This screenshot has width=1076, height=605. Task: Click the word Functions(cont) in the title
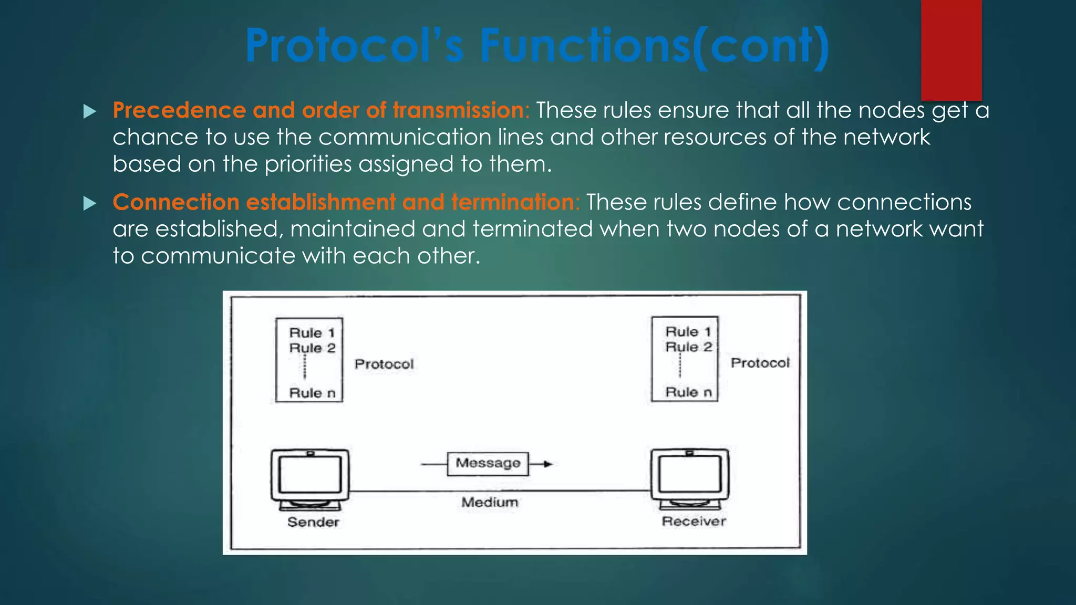654,46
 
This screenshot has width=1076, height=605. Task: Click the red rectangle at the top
951,50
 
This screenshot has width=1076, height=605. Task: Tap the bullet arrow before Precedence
90,111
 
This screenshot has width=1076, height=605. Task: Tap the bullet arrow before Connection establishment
90,203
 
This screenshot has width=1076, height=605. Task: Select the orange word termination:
515,202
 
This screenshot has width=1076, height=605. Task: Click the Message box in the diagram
488,463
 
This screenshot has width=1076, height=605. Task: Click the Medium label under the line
490,502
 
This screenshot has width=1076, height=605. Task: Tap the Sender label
313,522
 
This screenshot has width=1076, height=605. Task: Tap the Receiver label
694,521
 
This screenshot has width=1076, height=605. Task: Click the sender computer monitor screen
310,474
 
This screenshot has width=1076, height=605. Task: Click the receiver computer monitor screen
690,473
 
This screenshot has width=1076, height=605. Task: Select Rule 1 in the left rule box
312,333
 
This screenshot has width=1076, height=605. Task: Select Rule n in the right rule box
688,392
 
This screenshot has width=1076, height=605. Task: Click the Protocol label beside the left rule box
384,364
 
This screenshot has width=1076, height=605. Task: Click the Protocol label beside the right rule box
760,363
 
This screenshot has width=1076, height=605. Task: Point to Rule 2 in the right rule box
688,347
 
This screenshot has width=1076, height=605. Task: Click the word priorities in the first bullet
308,164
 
